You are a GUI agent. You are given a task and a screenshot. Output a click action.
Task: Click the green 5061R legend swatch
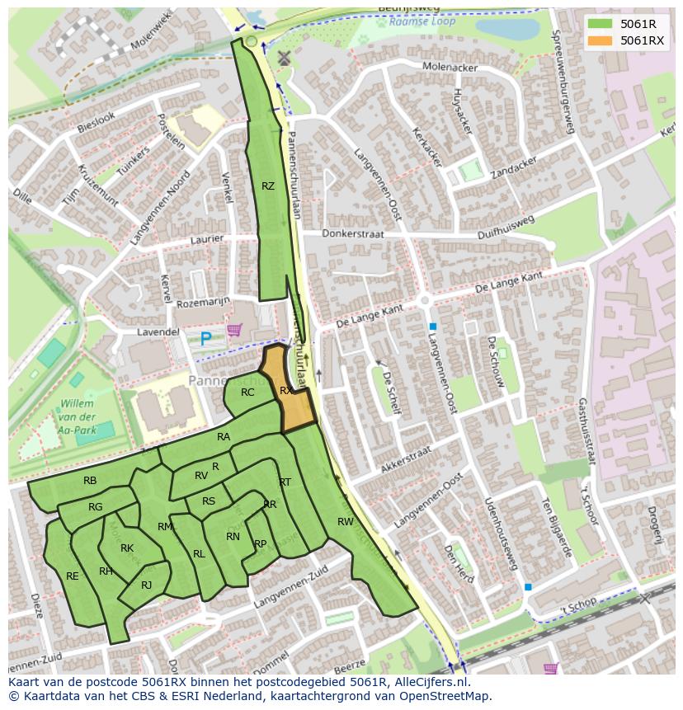(601, 24)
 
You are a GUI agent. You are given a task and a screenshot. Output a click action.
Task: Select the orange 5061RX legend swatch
(601, 40)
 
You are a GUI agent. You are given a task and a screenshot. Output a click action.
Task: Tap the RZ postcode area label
(268, 186)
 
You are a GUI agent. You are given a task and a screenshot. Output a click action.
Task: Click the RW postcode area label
(346, 521)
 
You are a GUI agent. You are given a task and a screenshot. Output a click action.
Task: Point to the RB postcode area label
(90, 481)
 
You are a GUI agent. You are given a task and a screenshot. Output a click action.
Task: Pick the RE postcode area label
(73, 576)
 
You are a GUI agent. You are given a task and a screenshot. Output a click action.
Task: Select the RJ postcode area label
(147, 585)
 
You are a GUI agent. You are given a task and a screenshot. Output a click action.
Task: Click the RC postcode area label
(247, 393)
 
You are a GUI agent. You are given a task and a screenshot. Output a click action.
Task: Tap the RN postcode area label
(233, 537)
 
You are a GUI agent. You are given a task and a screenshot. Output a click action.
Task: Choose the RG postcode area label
(96, 507)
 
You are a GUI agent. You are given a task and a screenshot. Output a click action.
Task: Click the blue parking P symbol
(205, 337)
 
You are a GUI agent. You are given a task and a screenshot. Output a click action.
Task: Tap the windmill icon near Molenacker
(285, 59)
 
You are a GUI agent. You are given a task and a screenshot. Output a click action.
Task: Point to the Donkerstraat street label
(353, 234)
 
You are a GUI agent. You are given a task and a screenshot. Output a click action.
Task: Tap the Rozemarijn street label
(202, 303)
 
